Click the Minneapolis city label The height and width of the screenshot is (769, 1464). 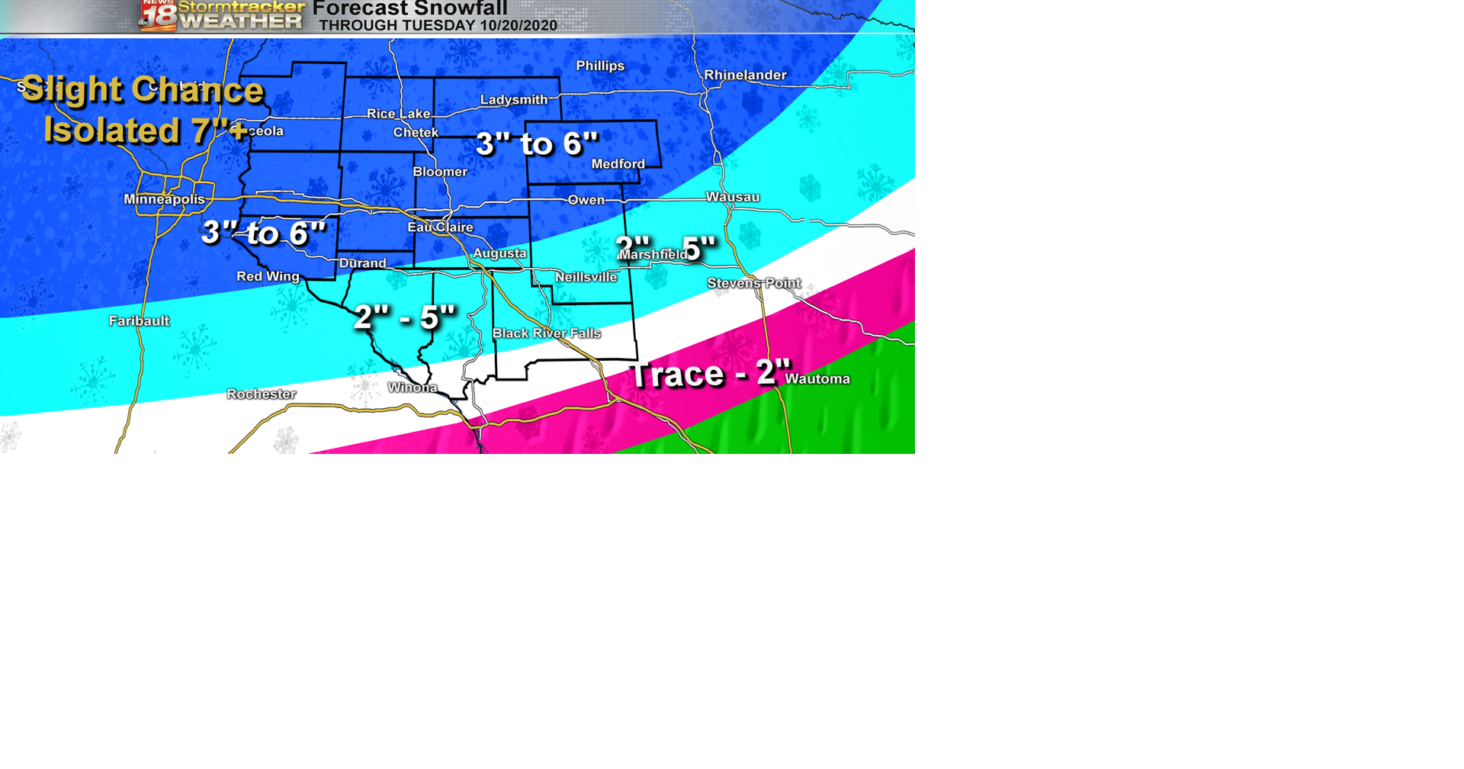[164, 199]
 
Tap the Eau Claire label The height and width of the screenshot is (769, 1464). [440, 227]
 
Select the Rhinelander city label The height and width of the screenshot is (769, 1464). [744, 75]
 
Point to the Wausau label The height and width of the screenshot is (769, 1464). [732, 197]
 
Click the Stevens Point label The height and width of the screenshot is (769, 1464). [753, 283]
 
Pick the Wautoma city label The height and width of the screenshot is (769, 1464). [817, 378]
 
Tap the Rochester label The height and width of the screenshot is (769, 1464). [261, 394]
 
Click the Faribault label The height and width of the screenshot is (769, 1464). [139, 320]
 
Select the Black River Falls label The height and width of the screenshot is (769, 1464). [546, 333]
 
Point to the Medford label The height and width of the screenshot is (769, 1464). [618, 164]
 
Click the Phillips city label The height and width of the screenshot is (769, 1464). [599, 66]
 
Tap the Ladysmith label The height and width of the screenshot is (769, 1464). [513, 100]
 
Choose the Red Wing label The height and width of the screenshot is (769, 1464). [268, 276]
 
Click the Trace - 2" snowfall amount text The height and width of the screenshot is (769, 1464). [709, 374]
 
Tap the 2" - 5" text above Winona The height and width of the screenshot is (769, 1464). [404, 317]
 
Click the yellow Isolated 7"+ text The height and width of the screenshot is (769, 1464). [145, 130]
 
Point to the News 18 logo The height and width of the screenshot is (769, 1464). [158, 15]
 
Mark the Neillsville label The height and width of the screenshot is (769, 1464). [586, 277]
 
